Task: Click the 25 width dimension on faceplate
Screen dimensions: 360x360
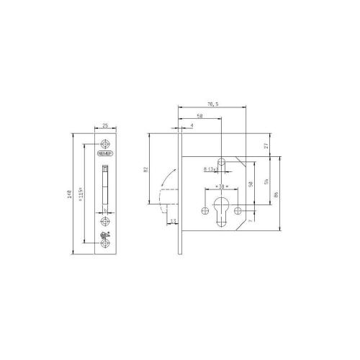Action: [105, 126]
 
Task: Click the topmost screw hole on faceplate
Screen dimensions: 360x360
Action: [105, 143]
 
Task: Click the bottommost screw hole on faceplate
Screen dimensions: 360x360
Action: [105, 245]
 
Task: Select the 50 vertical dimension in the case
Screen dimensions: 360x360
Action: [251, 184]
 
